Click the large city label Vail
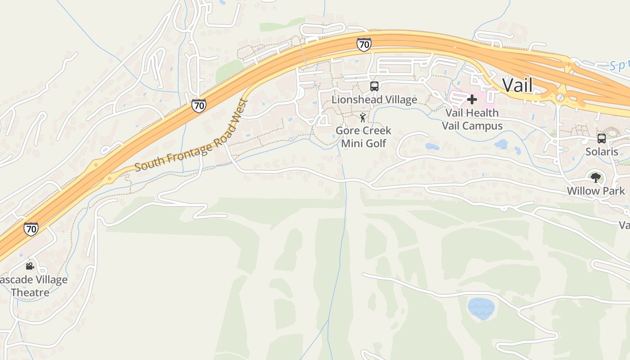(x=517, y=85)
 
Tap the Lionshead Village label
(x=374, y=100)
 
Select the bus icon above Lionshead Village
(x=374, y=86)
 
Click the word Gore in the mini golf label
(x=347, y=131)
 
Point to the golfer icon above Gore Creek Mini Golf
(x=363, y=118)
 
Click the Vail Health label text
(x=472, y=113)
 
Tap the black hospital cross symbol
(x=472, y=99)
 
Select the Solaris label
(x=602, y=152)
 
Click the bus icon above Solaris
(x=602, y=139)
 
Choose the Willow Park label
(x=596, y=191)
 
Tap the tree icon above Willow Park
(x=596, y=178)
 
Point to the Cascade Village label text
(x=34, y=280)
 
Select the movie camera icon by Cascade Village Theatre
(x=30, y=266)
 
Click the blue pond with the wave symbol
(x=481, y=308)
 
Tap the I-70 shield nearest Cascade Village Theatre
(x=31, y=229)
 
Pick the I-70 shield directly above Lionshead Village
(x=364, y=45)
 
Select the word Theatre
(x=30, y=292)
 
